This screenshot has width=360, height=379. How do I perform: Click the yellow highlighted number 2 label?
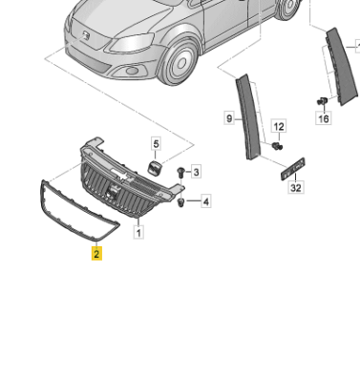pos(96,254)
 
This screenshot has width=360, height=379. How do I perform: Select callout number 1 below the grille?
pos(138,232)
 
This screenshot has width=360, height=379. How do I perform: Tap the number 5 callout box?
pos(156,144)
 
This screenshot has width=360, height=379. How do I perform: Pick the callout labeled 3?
pos(196,172)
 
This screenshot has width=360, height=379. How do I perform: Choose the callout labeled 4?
pos(206,201)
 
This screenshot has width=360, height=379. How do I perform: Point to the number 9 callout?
pos(229,118)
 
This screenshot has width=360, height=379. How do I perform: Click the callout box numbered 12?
pos(279,127)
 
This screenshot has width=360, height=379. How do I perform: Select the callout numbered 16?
pos(324,118)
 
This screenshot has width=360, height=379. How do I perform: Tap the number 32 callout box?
pos(296,187)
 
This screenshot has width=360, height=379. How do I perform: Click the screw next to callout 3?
pos(180,172)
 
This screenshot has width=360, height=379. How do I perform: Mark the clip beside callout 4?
pos(181,202)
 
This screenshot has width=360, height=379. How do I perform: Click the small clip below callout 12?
pos(277,146)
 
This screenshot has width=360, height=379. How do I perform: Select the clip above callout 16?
pos(322,101)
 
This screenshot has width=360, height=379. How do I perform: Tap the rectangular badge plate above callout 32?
pos(293,169)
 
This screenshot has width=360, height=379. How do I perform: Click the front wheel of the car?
pos(180,63)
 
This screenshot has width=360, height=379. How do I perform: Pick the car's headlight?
pos(131,43)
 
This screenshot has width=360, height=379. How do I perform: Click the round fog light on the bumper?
pos(130,71)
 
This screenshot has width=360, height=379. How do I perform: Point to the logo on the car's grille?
pos(86,34)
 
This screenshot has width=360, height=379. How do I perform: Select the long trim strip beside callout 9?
pos(247,116)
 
